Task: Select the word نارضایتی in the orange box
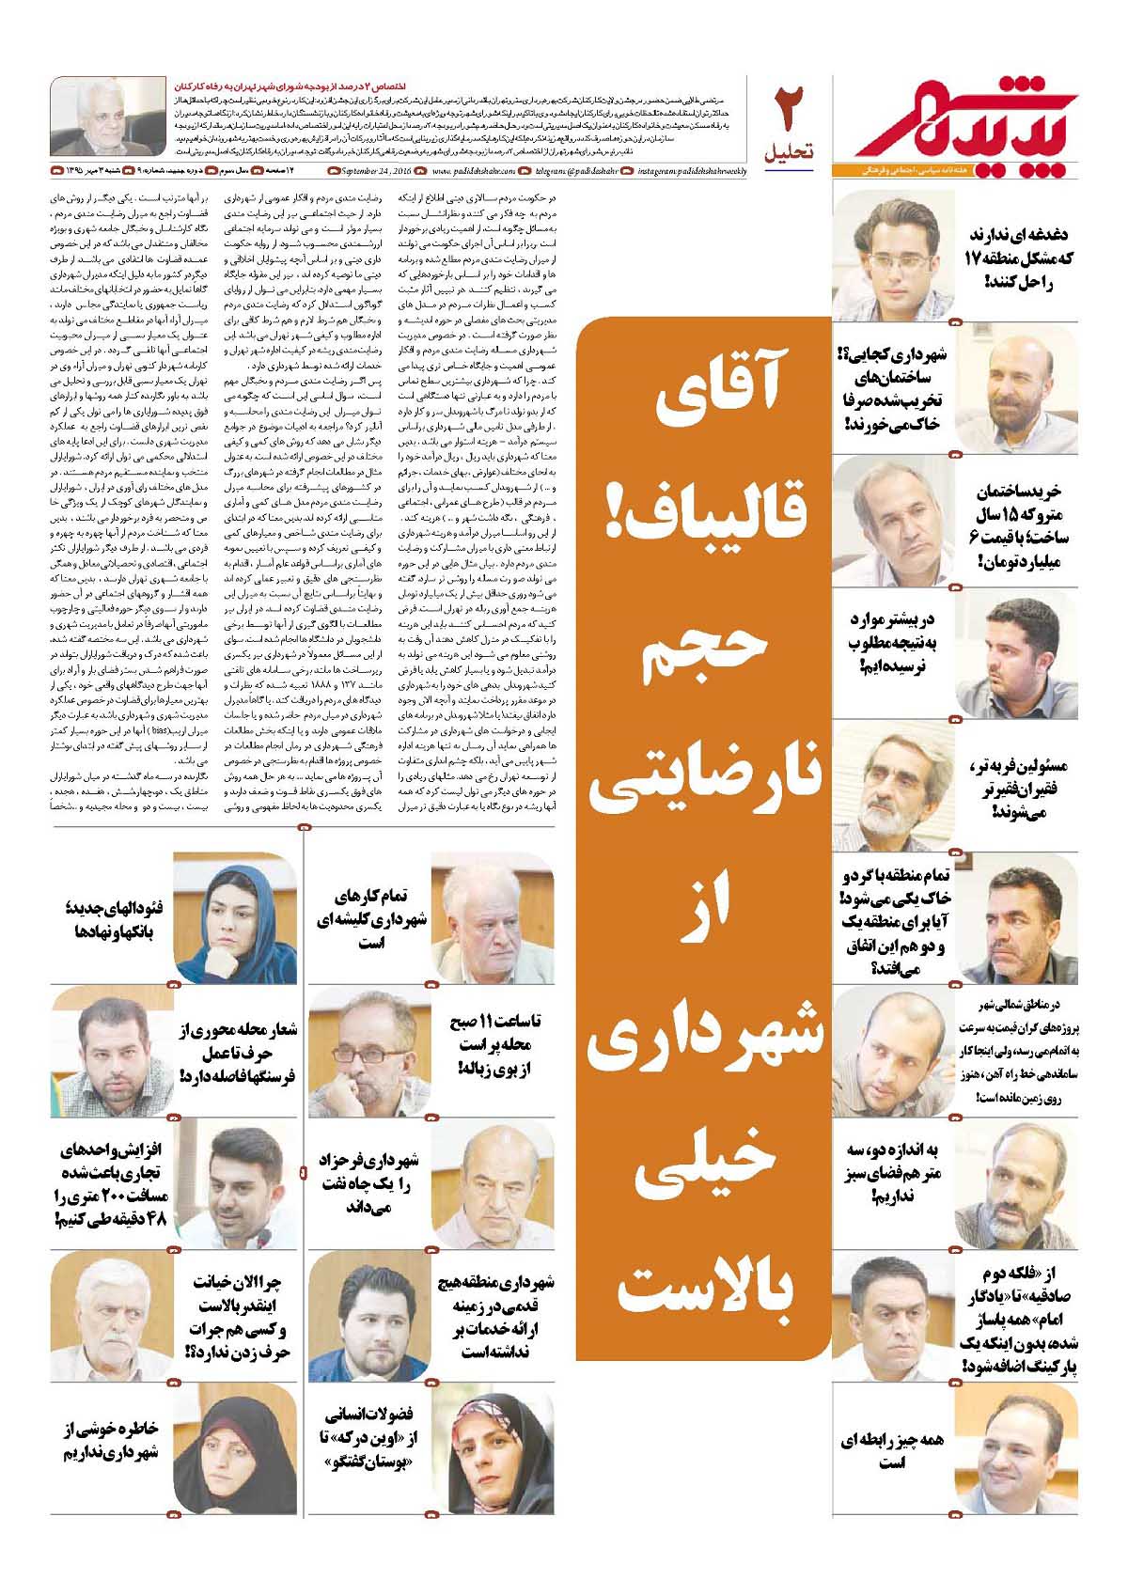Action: point(704,780)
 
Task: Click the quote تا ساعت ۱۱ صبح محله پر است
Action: point(498,1044)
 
